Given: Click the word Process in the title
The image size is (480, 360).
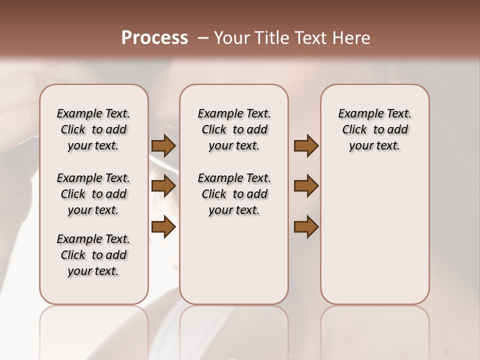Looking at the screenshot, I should (x=154, y=38).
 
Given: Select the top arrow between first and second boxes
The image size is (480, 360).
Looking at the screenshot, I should (x=163, y=146).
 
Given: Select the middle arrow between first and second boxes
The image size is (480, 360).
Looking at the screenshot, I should (x=163, y=186).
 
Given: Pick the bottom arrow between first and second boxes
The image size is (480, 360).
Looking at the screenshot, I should (x=163, y=227).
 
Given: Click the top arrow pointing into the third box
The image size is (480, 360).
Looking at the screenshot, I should (x=306, y=146).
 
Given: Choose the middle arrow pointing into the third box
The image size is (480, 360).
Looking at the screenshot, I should (x=306, y=186).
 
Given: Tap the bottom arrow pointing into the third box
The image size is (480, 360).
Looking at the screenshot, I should (x=306, y=226).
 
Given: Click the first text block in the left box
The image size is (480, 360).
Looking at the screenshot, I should (x=93, y=129).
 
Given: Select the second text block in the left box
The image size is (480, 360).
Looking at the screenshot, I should (x=93, y=194).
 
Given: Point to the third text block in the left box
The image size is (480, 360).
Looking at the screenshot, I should (x=93, y=255).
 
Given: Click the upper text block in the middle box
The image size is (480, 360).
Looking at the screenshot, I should (x=234, y=129).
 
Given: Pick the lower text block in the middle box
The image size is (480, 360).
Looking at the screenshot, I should (x=234, y=194).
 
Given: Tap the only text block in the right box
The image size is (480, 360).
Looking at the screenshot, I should (x=374, y=129).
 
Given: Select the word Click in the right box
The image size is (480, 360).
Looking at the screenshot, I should (x=354, y=130).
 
